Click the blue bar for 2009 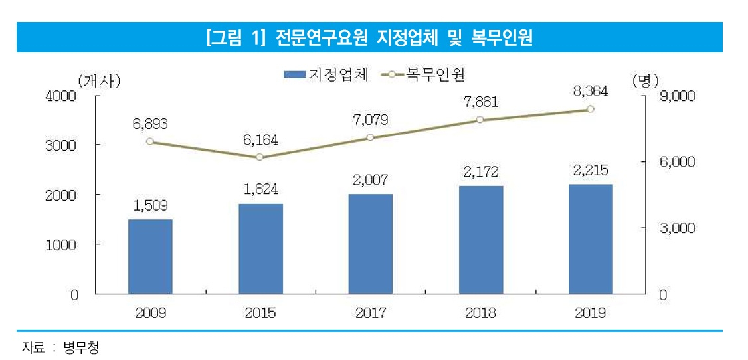click(150, 256)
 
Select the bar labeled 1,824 click(261, 249)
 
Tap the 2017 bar click(371, 244)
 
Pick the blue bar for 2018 click(481, 240)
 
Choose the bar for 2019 click(591, 239)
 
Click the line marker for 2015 click(260, 157)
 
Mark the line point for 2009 click(149, 141)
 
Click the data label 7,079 click(370, 119)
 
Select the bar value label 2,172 click(481, 171)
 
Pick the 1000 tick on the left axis click(61, 244)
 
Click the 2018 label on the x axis click(481, 314)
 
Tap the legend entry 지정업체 click(326, 74)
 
